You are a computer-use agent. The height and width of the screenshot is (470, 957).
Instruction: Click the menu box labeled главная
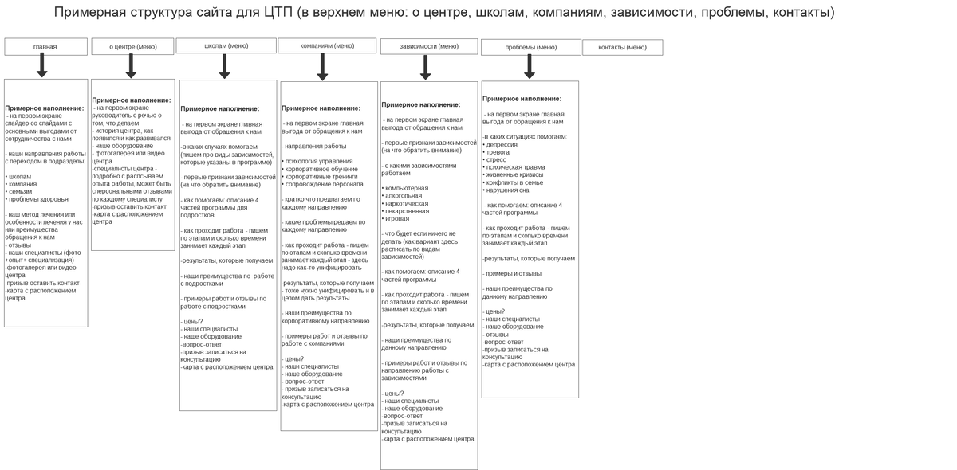coord(45,47)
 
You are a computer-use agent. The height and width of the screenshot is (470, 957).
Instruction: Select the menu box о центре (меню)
coord(132,47)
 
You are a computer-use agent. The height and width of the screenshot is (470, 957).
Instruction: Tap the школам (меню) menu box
coord(226,46)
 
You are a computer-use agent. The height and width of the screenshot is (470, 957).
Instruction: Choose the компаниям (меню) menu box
coord(327,46)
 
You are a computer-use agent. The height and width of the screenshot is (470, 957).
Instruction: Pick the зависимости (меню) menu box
coord(429,46)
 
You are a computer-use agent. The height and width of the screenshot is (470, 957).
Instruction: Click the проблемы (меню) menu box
coord(531,48)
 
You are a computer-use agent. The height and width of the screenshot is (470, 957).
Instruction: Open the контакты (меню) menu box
coord(622,48)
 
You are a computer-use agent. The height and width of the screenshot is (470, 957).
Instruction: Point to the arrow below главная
coord(42,66)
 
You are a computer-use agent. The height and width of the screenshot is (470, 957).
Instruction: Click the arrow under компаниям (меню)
coord(322,67)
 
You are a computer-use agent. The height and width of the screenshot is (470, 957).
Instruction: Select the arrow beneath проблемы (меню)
coord(530,67)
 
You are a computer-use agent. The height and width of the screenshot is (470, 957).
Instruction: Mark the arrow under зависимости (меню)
coord(425,67)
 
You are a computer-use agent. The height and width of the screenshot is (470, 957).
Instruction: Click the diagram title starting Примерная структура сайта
coord(444,12)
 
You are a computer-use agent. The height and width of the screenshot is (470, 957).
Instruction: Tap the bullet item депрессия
coord(502,145)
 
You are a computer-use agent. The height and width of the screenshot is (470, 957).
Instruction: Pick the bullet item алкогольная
coord(404,196)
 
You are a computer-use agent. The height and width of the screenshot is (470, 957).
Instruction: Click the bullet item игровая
coord(397,218)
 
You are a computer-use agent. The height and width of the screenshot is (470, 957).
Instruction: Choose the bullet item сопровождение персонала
coord(324,184)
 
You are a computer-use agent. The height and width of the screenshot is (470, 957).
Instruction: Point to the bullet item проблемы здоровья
coord(38,199)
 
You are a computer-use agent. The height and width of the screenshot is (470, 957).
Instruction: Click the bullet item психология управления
coord(318,162)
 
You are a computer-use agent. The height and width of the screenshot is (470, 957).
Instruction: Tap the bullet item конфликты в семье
coord(515,182)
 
